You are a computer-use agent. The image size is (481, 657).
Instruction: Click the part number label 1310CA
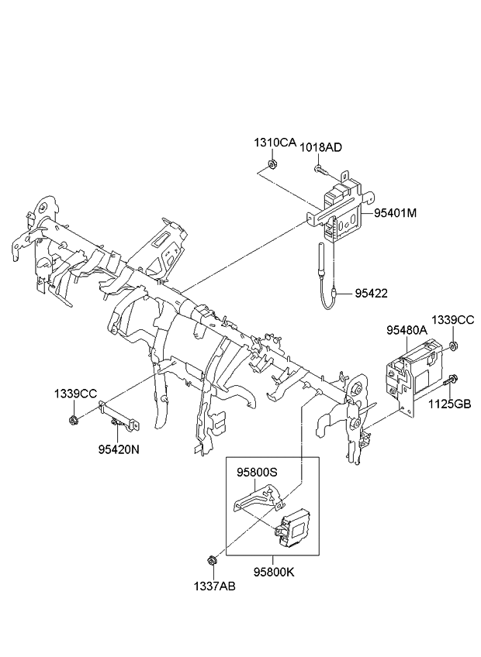[x=275, y=143]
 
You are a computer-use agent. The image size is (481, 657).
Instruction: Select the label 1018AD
[x=320, y=146]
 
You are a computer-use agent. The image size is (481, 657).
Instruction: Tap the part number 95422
[x=372, y=293]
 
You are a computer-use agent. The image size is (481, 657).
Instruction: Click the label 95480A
[x=407, y=330]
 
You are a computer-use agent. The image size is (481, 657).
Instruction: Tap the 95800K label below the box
[x=272, y=573]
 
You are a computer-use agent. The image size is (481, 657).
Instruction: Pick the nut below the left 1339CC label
[x=72, y=421]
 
